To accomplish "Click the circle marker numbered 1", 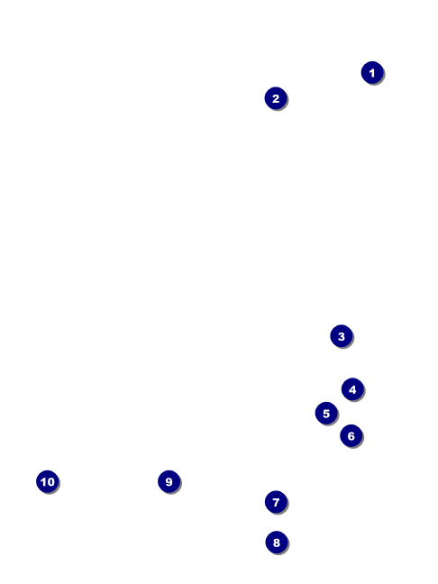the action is click(372, 73).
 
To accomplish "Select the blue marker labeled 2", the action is click(276, 98).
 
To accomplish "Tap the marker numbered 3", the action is click(342, 336).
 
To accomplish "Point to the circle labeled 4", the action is click(352, 389).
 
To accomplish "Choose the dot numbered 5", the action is click(326, 413).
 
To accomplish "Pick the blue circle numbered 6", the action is click(351, 436).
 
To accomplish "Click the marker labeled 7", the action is click(276, 502).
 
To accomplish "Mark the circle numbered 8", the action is click(277, 543).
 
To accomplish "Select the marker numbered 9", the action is click(169, 481).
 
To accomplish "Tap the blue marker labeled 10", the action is click(48, 481).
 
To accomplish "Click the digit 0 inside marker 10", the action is click(50, 482).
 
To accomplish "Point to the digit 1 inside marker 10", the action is click(43, 482).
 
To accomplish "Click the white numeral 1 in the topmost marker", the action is click(371, 73).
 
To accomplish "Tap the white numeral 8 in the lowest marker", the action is click(277, 543).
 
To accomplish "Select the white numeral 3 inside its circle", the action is click(342, 337).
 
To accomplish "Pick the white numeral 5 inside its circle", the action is click(326, 414).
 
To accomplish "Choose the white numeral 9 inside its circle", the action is click(169, 482).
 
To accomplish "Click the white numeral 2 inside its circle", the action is click(276, 99).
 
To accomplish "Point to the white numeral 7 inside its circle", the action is click(276, 502).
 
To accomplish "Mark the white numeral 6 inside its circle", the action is click(351, 436).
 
